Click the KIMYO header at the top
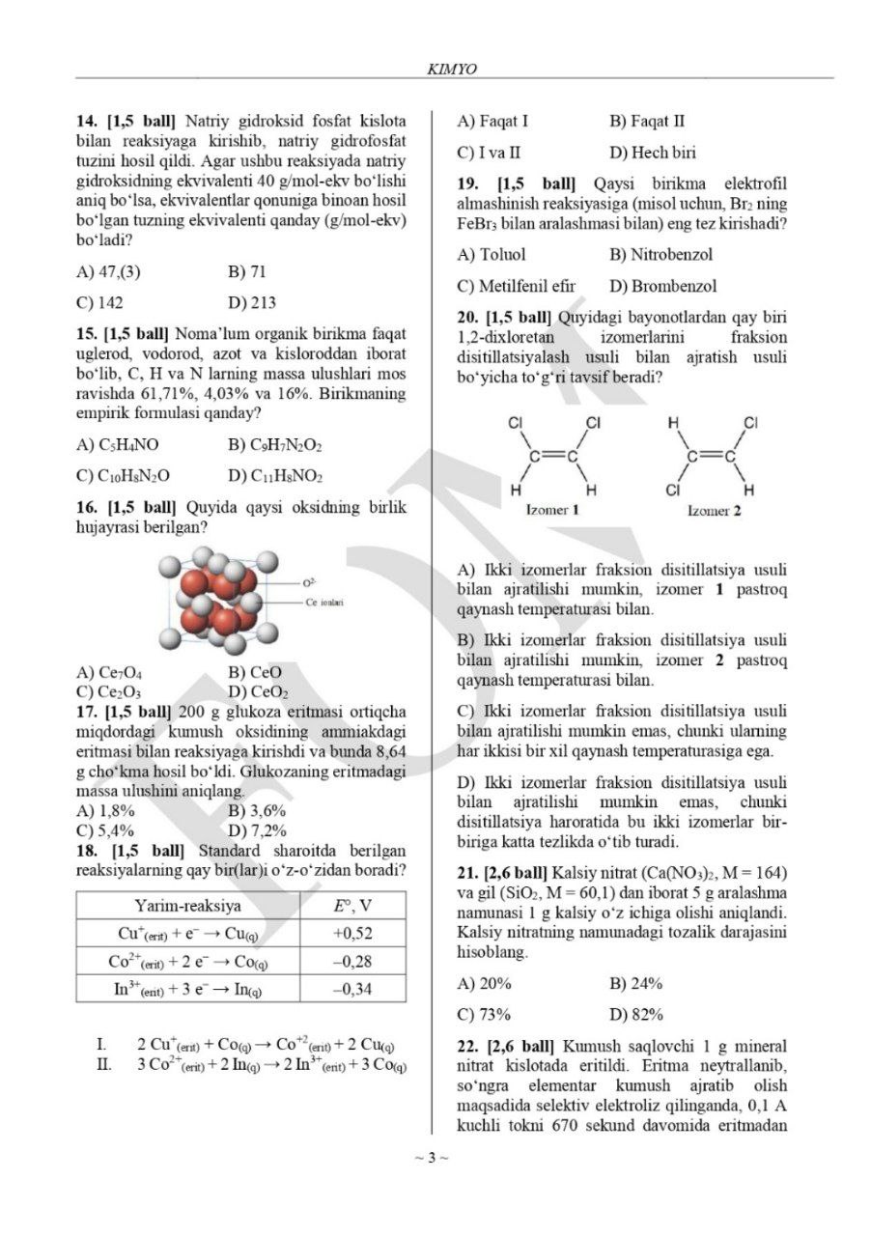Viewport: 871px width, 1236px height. (x=451, y=69)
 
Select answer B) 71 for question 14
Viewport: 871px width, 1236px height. (x=247, y=271)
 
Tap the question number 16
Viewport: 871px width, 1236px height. (x=89, y=507)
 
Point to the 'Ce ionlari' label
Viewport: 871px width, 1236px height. (x=325, y=602)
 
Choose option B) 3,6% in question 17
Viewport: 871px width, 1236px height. (x=257, y=810)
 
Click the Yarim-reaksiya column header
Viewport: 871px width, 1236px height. (x=188, y=906)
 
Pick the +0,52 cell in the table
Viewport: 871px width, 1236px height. (x=352, y=934)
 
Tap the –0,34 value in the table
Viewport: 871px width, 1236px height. (x=352, y=989)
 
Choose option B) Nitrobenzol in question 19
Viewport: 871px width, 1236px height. (x=660, y=255)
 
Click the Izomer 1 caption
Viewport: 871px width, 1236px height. (x=551, y=510)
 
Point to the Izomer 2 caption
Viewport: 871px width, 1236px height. (x=714, y=510)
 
